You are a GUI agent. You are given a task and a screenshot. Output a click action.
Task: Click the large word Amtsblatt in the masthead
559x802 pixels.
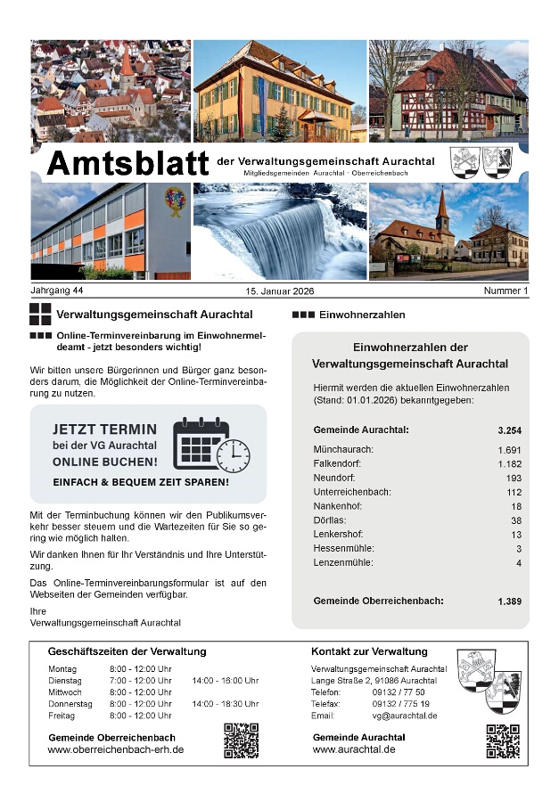pos(127,164)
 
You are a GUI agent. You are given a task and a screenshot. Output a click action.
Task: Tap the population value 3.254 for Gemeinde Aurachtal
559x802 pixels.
pos(509,430)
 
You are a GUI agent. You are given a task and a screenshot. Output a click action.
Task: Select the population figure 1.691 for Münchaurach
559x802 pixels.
pos(509,450)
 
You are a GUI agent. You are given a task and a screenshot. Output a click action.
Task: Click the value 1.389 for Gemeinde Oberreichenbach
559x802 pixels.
pos(509,602)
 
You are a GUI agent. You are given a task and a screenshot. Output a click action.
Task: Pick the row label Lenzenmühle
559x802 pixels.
pos(343,562)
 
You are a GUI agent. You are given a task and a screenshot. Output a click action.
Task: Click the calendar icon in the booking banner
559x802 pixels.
pos(199,443)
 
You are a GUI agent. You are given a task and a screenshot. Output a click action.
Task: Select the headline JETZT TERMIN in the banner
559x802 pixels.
pos(104,430)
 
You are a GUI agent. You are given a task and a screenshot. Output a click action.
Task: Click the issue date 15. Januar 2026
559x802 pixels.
pos(280,291)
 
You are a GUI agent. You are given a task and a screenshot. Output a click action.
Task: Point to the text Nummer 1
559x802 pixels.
pos(506,291)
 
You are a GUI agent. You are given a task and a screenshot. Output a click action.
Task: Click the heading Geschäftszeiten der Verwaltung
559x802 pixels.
pos(127,651)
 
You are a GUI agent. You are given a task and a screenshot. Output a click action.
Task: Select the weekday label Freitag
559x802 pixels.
pos(62,716)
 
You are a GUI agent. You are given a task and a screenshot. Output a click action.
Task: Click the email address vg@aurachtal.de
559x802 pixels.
pos(405,716)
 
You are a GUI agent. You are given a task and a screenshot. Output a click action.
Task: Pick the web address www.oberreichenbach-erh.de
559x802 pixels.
pos(116,750)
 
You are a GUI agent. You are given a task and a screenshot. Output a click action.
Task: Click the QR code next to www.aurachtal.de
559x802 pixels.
pos(503,741)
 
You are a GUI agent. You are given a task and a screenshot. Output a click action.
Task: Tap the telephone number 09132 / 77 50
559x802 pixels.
pos(399,692)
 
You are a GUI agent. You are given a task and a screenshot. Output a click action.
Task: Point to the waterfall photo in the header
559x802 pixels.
pos(279,232)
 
